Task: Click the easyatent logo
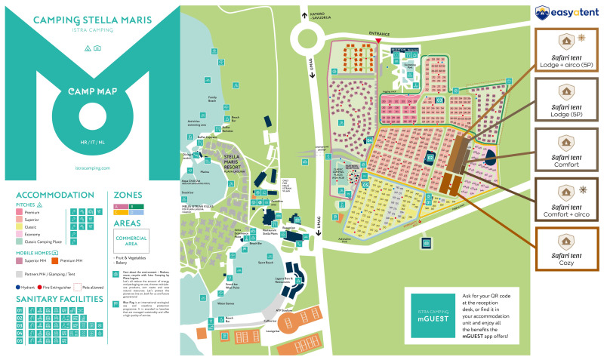(566, 12)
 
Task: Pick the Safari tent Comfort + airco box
(565, 199)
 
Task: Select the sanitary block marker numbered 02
(430, 158)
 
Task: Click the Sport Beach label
(264, 263)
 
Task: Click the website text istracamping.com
(93, 168)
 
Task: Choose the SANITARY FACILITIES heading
(58, 299)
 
